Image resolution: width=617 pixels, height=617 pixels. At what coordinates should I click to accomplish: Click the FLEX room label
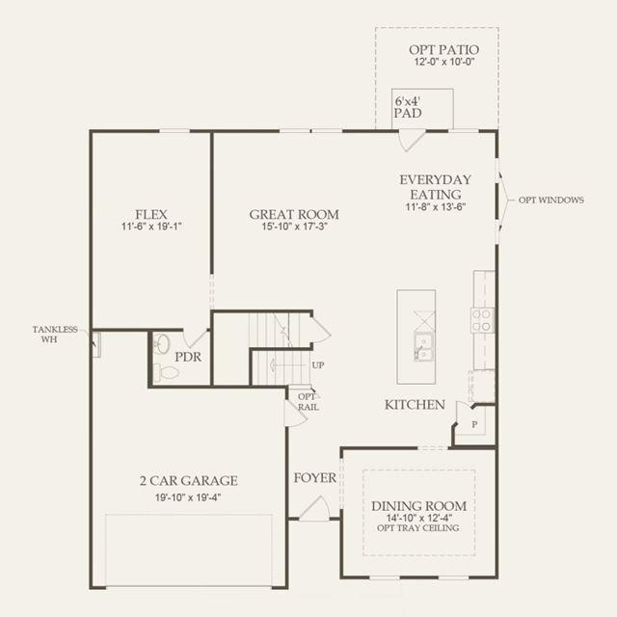click(x=151, y=214)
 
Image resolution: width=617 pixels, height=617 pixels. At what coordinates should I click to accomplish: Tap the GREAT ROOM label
click(x=294, y=214)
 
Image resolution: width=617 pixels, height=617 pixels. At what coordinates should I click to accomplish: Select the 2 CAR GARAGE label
click(x=189, y=480)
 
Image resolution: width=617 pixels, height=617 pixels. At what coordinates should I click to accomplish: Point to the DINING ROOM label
click(x=419, y=506)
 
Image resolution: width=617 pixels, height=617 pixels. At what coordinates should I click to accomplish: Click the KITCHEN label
click(x=415, y=405)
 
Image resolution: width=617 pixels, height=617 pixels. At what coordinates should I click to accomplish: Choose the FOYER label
click(x=315, y=478)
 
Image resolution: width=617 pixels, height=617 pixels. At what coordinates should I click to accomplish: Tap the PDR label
click(x=188, y=357)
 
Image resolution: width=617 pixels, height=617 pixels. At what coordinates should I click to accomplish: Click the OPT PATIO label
click(x=443, y=50)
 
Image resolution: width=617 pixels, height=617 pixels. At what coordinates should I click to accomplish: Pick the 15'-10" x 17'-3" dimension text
click(x=295, y=227)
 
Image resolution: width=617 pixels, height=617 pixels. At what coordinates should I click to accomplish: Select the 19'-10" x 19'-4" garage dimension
click(x=188, y=497)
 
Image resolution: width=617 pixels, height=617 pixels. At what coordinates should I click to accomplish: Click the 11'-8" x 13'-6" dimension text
click(x=436, y=206)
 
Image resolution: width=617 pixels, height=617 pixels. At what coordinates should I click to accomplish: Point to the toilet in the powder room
click(x=166, y=372)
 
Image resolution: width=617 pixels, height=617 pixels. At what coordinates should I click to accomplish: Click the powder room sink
click(x=161, y=343)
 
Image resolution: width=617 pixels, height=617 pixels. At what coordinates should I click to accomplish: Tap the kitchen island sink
click(x=423, y=346)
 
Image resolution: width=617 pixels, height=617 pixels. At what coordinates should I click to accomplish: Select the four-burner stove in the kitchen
click(x=482, y=320)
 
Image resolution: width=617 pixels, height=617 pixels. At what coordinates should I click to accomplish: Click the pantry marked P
click(x=474, y=424)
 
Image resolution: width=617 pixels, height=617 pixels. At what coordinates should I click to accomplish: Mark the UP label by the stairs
click(x=318, y=365)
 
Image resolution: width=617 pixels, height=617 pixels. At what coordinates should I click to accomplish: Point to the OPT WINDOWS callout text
click(x=550, y=200)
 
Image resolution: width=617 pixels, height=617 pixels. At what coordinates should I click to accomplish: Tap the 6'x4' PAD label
click(x=408, y=107)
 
